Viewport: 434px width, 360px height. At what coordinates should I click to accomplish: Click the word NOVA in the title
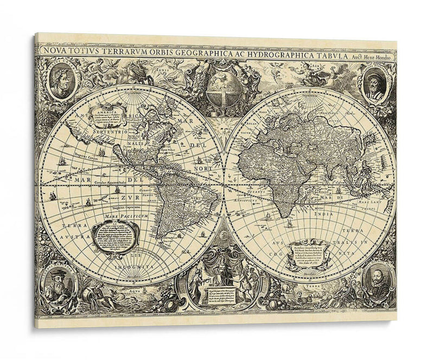click(x=50, y=52)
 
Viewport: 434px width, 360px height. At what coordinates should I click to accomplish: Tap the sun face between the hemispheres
click(x=222, y=129)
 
